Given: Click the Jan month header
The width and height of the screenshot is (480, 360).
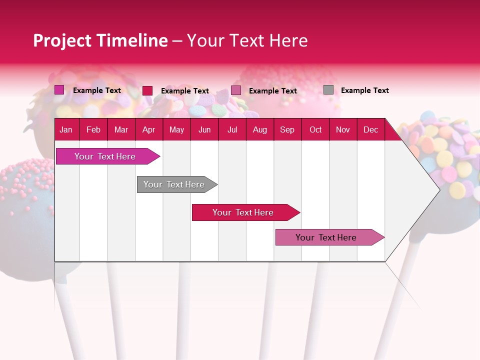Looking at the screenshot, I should pyautogui.click(x=66, y=129).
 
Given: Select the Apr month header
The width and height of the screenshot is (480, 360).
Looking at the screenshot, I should pyautogui.click(x=149, y=129).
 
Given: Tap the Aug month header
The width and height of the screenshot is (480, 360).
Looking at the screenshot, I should pyautogui.click(x=259, y=129).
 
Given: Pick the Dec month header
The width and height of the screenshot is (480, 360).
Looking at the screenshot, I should pyautogui.click(x=370, y=129).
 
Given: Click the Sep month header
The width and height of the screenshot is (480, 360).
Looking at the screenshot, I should pyautogui.click(x=287, y=129).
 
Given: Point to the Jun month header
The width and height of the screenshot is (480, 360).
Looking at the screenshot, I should pyautogui.click(x=204, y=129).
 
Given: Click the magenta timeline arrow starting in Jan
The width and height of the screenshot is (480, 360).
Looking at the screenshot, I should pyautogui.click(x=105, y=156).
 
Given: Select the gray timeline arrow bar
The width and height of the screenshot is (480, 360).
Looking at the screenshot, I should pyautogui.click(x=174, y=184).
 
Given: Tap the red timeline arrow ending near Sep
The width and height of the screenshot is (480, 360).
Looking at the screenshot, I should pyautogui.click(x=243, y=212).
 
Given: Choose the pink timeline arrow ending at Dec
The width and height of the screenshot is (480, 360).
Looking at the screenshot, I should pyautogui.click(x=326, y=237).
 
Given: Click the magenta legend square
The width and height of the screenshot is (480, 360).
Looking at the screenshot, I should pyautogui.click(x=59, y=90).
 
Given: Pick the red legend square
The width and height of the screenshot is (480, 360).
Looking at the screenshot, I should pyautogui.click(x=147, y=90).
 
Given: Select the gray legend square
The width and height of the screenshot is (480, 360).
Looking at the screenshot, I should pyautogui.click(x=328, y=90).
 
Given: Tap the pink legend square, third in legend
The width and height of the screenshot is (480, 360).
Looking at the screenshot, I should pyautogui.click(x=236, y=90).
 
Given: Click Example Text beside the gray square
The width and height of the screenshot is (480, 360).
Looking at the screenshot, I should pyautogui.click(x=364, y=90).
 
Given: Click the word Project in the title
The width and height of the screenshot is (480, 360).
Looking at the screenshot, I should pyautogui.click(x=62, y=40).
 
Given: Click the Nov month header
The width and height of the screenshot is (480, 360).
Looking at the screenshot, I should pyautogui.click(x=343, y=129).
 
